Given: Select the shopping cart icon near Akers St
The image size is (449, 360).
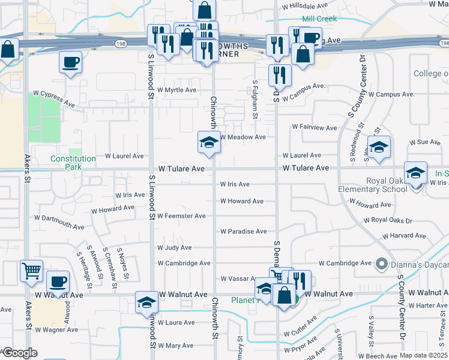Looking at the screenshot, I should (31, 270).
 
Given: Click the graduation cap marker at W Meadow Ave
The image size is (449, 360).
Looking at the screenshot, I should (209, 142).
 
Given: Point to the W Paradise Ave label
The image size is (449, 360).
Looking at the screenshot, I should (243, 232).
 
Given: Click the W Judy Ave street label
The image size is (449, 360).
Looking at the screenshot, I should (174, 247).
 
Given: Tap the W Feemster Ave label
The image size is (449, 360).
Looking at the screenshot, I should (181, 216).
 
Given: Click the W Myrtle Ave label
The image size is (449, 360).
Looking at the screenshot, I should (176, 90).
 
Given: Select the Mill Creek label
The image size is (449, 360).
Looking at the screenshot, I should (319, 19).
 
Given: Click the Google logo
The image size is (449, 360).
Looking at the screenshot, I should (19, 353).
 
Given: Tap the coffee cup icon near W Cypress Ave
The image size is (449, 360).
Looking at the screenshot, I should (70, 62).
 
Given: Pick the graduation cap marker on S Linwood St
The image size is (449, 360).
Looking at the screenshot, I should (146, 303).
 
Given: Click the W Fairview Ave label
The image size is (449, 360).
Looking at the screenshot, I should (315, 128).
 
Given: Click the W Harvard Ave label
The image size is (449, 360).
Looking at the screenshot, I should (411, 236).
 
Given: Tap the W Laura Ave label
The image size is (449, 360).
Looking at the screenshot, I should (176, 323).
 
